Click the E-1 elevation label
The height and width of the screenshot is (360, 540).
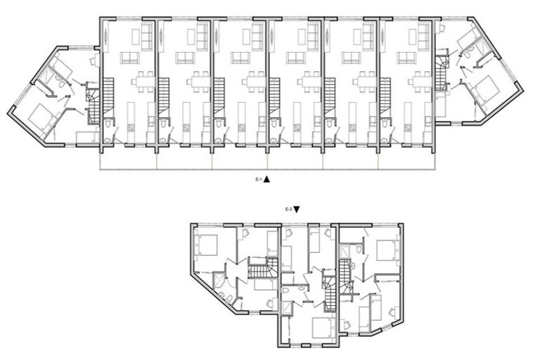[259, 179]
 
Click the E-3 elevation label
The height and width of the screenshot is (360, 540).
[288, 209]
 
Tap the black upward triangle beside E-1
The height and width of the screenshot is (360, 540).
[266, 179]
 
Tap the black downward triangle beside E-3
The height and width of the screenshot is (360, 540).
[297, 210]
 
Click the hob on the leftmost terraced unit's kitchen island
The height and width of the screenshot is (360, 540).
[131, 128]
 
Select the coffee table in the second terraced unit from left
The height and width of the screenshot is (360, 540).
[191, 37]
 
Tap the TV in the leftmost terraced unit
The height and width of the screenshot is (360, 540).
[105, 35]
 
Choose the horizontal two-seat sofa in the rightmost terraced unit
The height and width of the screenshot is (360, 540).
[406, 58]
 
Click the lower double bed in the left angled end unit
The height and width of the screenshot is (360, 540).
[42, 118]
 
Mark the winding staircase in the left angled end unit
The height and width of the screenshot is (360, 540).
[92, 106]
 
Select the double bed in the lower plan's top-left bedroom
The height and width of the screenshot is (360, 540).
[206, 245]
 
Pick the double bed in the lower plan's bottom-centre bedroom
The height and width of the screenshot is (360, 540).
[323, 328]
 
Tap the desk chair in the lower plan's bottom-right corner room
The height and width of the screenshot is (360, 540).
[392, 312]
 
